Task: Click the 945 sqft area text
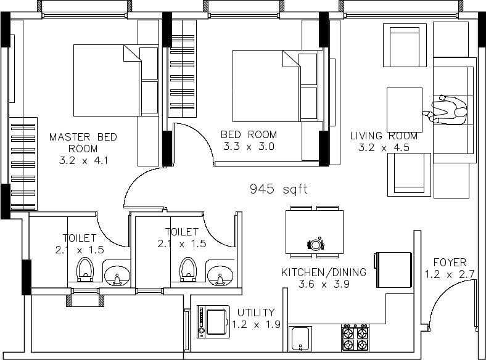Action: click(x=279, y=189)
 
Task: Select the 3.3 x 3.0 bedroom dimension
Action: click(x=249, y=146)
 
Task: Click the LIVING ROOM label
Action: click(x=384, y=136)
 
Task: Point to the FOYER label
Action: click(x=450, y=263)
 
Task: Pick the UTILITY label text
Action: click(x=256, y=313)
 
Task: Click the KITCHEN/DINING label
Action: click(x=324, y=272)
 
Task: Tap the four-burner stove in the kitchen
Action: click(x=355, y=338)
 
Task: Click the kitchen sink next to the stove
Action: click(x=300, y=338)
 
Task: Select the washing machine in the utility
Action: click(x=213, y=322)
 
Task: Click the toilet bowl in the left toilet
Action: click(x=85, y=269)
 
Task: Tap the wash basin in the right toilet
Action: click(x=220, y=275)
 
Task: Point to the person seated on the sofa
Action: click(x=448, y=110)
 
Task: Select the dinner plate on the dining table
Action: click(x=316, y=245)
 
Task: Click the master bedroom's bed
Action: click(x=107, y=81)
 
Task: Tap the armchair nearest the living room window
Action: click(x=405, y=45)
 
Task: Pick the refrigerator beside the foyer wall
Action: click(x=393, y=270)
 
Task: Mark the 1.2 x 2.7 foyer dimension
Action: click(x=450, y=274)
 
